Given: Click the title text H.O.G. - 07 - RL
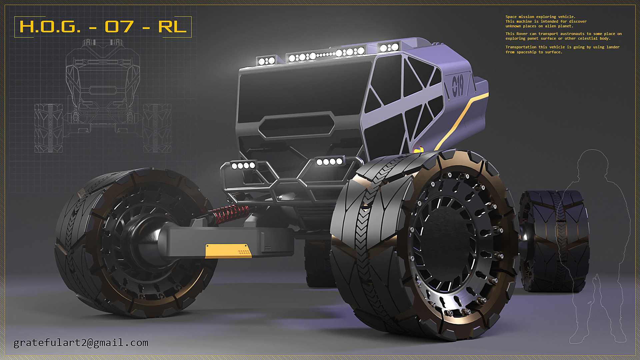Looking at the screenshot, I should click(x=103, y=27).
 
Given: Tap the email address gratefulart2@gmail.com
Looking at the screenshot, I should click(x=81, y=343).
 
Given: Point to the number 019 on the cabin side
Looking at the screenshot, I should click(x=458, y=86).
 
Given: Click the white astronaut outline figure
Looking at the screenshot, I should click(x=597, y=247).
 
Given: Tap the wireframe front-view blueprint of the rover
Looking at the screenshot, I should click(x=103, y=97).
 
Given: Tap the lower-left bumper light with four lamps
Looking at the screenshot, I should click(x=243, y=165).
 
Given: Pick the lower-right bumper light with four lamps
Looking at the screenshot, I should click(x=329, y=162).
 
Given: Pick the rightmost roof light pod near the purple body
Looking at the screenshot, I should click(x=389, y=47).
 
